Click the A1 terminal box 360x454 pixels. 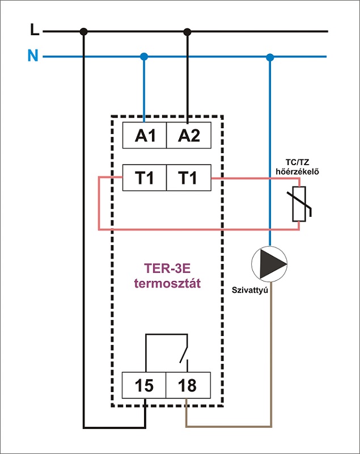(x=145, y=135)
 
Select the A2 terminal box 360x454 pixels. (x=189, y=135)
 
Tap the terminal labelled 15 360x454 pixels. (x=144, y=385)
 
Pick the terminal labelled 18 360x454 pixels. (x=188, y=385)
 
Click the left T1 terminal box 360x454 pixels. (x=145, y=178)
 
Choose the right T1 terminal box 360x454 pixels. (x=189, y=178)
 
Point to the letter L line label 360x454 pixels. (x=35, y=30)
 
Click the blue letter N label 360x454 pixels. (x=33, y=55)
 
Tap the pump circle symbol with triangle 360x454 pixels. (x=269, y=264)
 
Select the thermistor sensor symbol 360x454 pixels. (x=299, y=204)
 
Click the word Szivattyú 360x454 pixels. (x=250, y=290)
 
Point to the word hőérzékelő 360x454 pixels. (x=297, y=171)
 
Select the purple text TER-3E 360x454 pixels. (x=167, y=268)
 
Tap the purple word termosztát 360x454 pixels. (x=167, y=283)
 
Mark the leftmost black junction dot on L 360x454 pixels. (x=83, y=32)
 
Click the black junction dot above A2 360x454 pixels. (x=188, y=32)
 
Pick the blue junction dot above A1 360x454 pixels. (x=144, y=56)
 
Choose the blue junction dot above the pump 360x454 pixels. (x=270, y=57)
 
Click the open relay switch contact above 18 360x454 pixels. (x=184, y=353)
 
